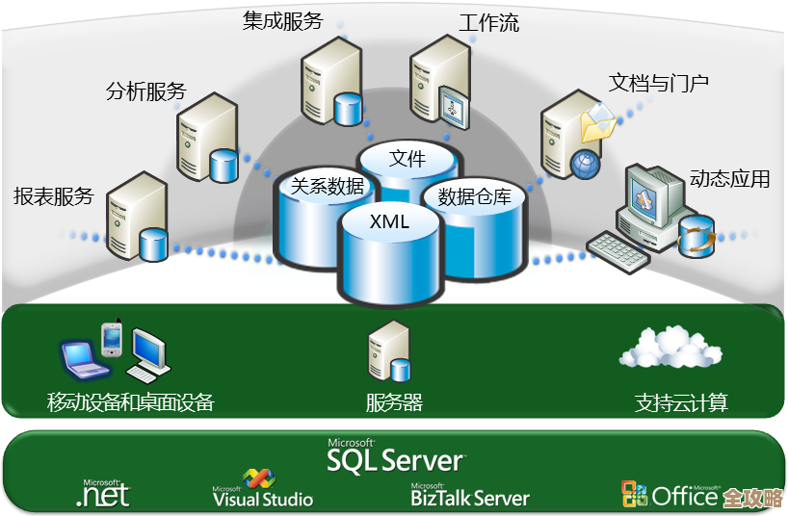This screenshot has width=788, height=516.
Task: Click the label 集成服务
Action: tap(282, 21)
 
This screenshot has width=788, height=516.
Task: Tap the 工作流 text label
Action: tap(488, 23)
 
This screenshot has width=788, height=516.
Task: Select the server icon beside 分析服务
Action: tap(205, 140)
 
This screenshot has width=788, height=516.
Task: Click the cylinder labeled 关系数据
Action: tap(328, 187)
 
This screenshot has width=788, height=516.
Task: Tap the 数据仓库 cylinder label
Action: tap(474, 197)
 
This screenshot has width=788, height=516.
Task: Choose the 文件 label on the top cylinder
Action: tap(407, 159)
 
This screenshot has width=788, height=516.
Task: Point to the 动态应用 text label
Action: tap(729, 179)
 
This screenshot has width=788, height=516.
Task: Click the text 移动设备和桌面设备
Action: tap(130, 402)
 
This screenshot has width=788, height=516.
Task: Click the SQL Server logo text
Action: tap(395, 458)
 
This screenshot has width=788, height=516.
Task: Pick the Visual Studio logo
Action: tap(262, 490)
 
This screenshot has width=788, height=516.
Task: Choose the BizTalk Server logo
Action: tap(470, 495)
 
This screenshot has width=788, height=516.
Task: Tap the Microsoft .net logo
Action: tap(102, 493)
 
